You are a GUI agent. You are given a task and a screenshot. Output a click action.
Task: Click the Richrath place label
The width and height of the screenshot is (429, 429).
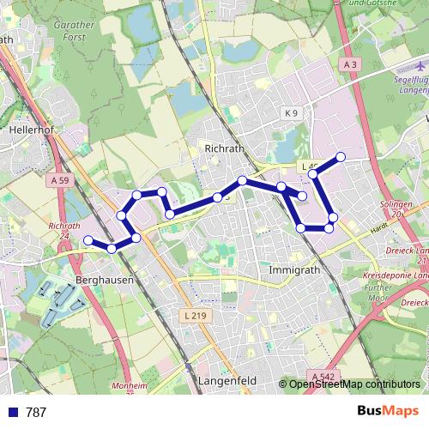point(225,148)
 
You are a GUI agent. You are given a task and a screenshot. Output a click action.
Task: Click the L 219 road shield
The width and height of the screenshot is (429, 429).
point(196,316)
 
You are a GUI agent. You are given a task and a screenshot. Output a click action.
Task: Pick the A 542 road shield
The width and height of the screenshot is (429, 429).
point(323,376)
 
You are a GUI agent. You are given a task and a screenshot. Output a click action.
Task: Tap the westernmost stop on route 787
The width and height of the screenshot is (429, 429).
point(88,240)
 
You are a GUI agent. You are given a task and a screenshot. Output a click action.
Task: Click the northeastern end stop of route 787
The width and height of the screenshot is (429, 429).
point(341,156)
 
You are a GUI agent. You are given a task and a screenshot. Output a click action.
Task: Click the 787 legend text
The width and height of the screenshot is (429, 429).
point(36,413)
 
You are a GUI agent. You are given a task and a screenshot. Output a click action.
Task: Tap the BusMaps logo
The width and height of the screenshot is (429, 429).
point(388,412)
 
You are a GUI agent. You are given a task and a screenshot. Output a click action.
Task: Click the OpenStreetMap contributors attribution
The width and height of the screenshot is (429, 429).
point(354,384)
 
